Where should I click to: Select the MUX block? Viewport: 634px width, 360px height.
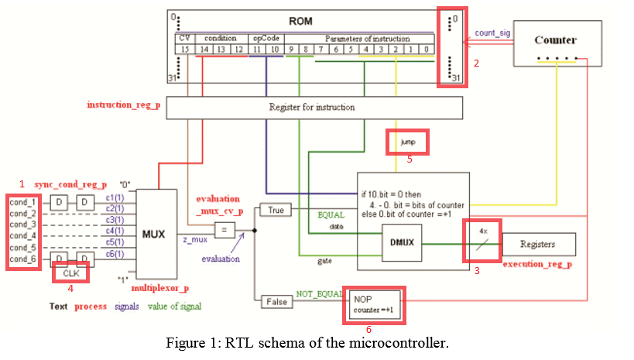pos(154,233)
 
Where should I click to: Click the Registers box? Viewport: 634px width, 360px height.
pos(538,244)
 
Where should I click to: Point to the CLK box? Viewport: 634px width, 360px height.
pos(71,272)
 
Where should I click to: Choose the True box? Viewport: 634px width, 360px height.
pos(276,210)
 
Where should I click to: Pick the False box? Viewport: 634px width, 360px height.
pos(276,300)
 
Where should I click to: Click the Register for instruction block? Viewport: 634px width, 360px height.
pos(314,107)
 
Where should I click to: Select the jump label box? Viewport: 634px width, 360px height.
pos(407,142)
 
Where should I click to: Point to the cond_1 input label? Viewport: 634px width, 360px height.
pos(23,203)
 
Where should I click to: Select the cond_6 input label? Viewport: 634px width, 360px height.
pos(23,258)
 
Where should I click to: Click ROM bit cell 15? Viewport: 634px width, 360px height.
pos(184,49)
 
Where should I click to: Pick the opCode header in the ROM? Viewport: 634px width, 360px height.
pos(263,37)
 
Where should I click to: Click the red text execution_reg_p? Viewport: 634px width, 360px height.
pos(539,264)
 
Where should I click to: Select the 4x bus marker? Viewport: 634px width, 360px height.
pos(482,231)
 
